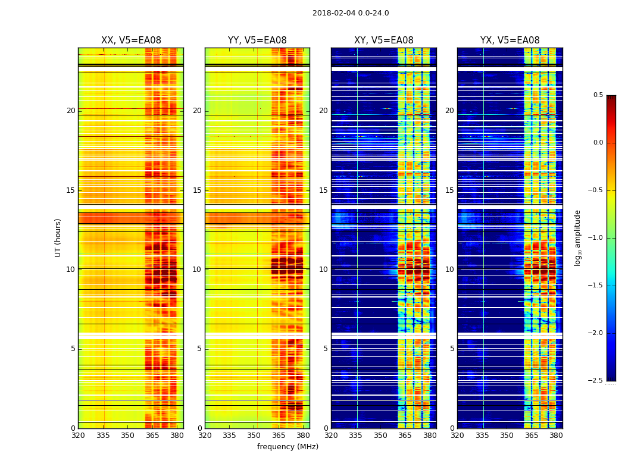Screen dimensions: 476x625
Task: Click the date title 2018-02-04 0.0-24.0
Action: click(x=351, y=13)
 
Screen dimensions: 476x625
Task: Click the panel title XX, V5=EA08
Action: click(x=131, y=40)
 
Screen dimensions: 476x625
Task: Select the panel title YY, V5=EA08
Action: click(x=257, y=40)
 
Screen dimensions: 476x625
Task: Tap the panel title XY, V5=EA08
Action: click(x=383, y=40)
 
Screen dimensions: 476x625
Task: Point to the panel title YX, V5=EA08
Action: click(x=510, y=40)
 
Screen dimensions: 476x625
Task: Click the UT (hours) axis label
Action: click(x=58, y=237)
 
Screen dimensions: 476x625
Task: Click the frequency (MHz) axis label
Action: click(x=287, y=447)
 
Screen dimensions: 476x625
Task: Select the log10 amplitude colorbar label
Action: click(x=577, y=237)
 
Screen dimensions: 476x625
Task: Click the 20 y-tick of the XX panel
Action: click(x=71, y=111)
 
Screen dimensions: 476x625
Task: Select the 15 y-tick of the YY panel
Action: click(x=197, y=190)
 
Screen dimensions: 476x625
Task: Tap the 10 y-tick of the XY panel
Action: click(x=323, y=270)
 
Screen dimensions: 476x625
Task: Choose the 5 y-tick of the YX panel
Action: click(x=452, y=349)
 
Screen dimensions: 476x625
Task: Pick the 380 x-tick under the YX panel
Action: click(x=556, y=436)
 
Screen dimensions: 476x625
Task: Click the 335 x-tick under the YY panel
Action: click(x=230, y=436)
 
